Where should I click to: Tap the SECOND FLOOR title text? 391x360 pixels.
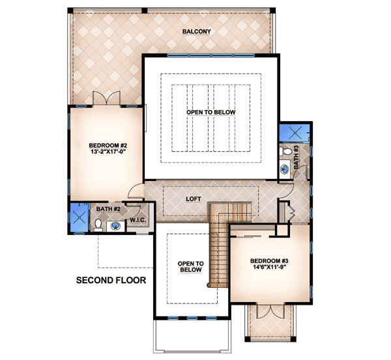pyautogui.click(x=110, y=281)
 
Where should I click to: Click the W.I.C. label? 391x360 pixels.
pyautogui.click(x=138, y=220)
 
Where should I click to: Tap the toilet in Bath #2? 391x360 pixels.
pyautogui.click(x=97, y=225)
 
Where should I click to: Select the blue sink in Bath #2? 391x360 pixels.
pyautogui.click(x=115, y=227)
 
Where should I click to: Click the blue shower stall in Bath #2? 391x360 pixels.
pyautogui.click(x=78, y=217)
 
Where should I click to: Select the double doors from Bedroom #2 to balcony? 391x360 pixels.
pyautogui.click(x=107, y=99)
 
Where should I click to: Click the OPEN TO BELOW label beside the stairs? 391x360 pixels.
pyautogui.click(x=191, y=267)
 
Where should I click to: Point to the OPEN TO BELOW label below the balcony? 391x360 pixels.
pyautogui.click(x=210, y=113)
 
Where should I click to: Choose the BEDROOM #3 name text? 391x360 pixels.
pyautogui.click(x=269, y=258)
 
